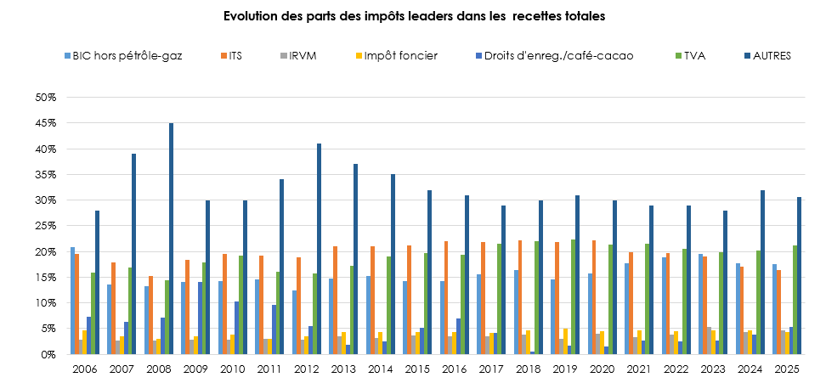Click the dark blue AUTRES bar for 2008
[x=171, y=239]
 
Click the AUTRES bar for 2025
[x=800, y=275]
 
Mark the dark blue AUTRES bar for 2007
[x=133, y=254]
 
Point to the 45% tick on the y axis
[x=45, y=123]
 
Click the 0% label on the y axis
[x=48, y=354]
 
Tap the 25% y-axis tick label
[x=45, y=226]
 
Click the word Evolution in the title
[x=250, y=16]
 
